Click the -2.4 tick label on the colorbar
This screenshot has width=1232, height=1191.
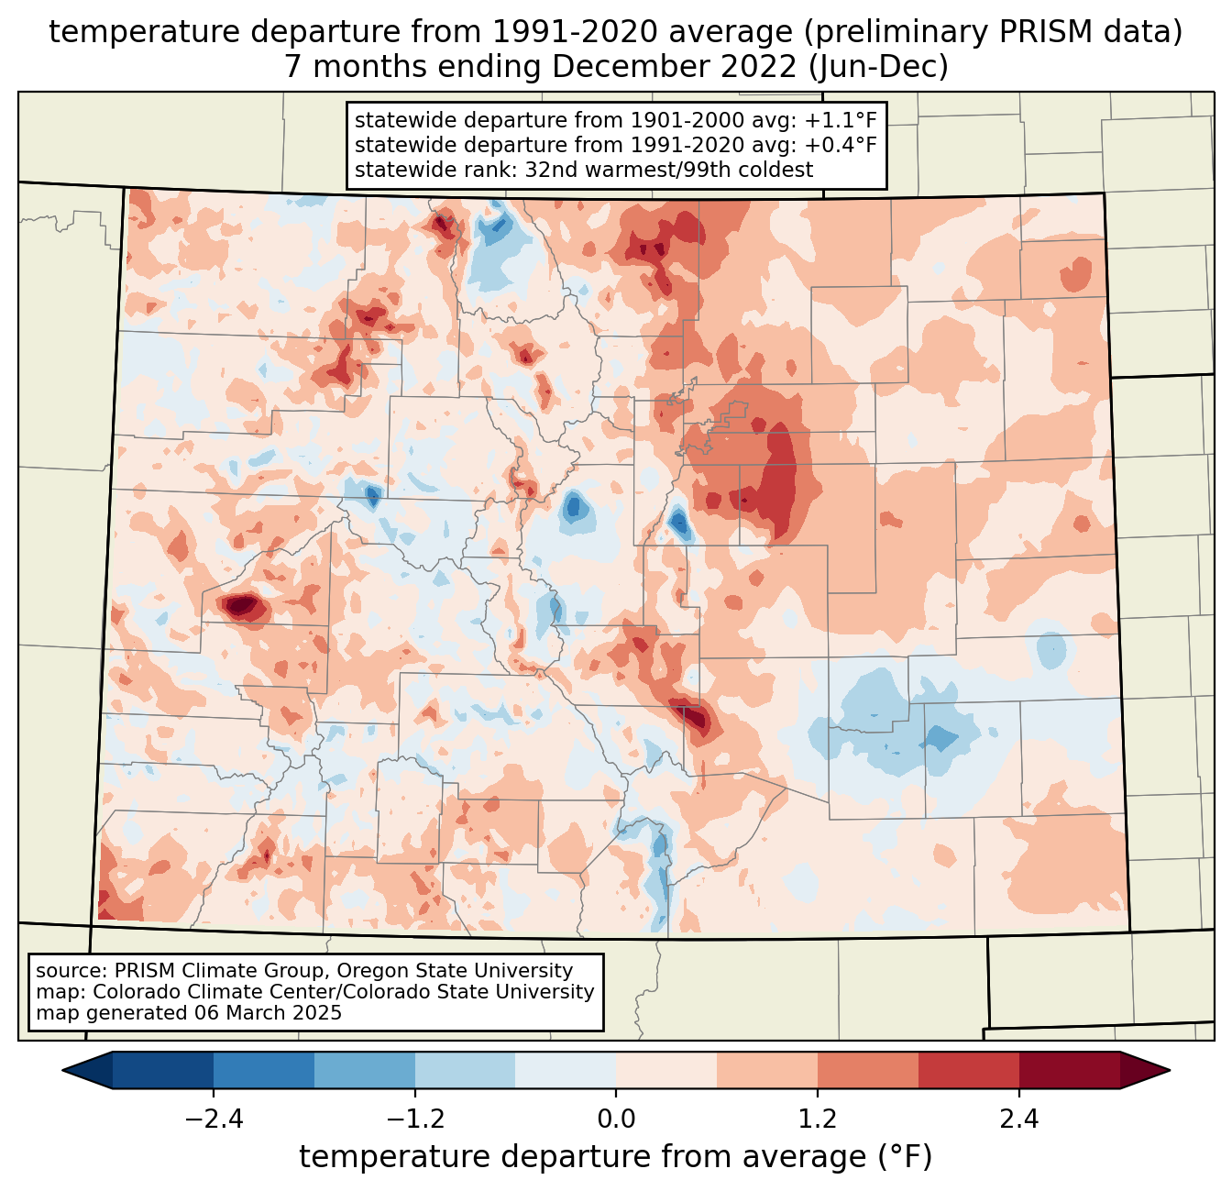click(214, 1119)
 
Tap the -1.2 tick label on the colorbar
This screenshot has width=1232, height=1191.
click(415, 1119)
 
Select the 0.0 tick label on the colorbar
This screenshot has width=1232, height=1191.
click(616, 1119)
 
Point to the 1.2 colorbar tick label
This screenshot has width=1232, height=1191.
click(818, 1119)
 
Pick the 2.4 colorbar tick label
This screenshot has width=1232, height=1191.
click(1019, 1119)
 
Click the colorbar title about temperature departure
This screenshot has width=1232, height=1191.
click(616, 1157)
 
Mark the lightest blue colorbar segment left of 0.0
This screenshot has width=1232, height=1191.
click(566, 1070)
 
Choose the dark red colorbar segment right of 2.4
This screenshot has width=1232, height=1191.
click(1069, 1070)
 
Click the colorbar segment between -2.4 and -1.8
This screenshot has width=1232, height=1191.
click(264, 1070)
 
